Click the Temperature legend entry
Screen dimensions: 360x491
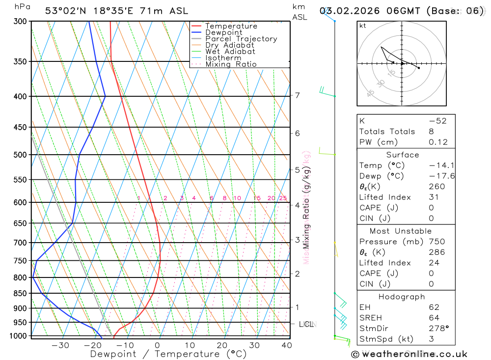[x=231, y=26]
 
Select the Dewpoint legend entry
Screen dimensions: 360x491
[x=223, y=32]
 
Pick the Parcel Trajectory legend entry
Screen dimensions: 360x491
[x=241, y=39]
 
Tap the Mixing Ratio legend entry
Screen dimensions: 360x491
[x=231, y=64]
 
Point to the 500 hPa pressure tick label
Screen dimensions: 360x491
[x=20, y=155]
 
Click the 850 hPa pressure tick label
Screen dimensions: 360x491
[x=20, y=294]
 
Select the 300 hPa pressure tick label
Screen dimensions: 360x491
[x=20, y=22]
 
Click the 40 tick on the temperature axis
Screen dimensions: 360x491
[x=287, y=345]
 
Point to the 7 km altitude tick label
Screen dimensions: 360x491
[x=298, y=95]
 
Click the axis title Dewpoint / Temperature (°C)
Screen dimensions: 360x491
[x=162, y=354]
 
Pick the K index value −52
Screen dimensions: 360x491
[x=437, y=121]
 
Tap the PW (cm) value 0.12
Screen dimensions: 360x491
[x=438, y=142]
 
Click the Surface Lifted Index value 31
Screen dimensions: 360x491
[x=434, y=197]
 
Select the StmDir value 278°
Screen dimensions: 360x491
[x=437, y=328]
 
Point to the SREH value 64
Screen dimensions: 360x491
[x=434, y=318]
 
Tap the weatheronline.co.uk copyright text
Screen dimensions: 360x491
[x=409, y=354]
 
